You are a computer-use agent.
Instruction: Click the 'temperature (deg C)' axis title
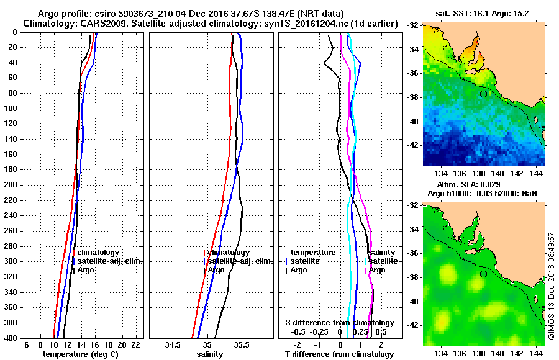[x=80, y=354]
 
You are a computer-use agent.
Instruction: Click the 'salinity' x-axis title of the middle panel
[x=209, y=354]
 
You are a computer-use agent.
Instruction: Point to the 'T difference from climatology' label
[x=339, y=354]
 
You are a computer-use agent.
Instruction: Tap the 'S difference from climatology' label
[x=340, y=323]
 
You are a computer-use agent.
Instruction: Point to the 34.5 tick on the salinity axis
[x=173, y=344]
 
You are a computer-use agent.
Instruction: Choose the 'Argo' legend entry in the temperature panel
[x=87, y=270]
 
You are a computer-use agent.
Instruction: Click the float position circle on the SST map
[x=483, y=94]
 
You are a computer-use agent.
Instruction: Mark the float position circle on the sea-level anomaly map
[x=483, y=274]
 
